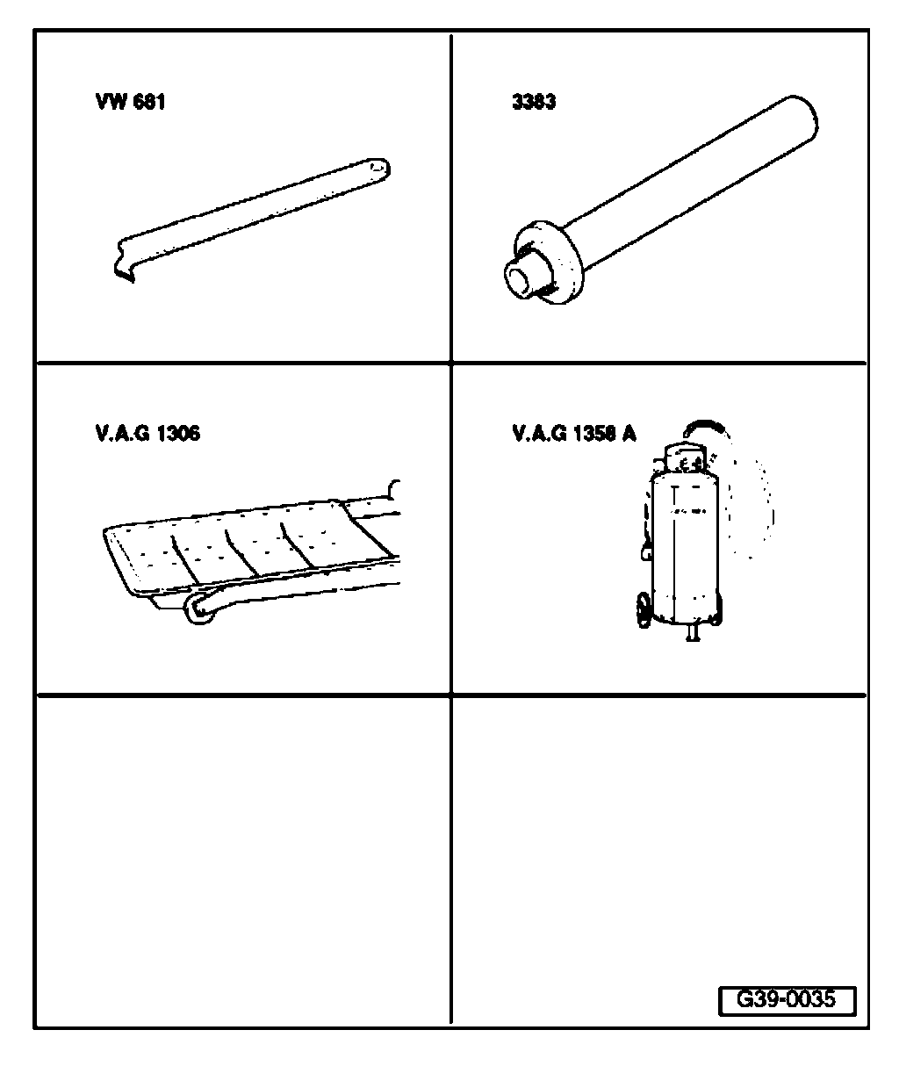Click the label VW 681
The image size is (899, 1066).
click(130, 102)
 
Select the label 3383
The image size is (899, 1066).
click(534, 102)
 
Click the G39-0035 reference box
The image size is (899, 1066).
click(786, 999)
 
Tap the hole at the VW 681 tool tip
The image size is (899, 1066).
click(378, 164)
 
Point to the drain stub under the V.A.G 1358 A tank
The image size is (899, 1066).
click(694, 633)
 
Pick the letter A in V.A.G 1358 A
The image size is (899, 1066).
click(629, 433)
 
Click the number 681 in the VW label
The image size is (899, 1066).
click(149, 102)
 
